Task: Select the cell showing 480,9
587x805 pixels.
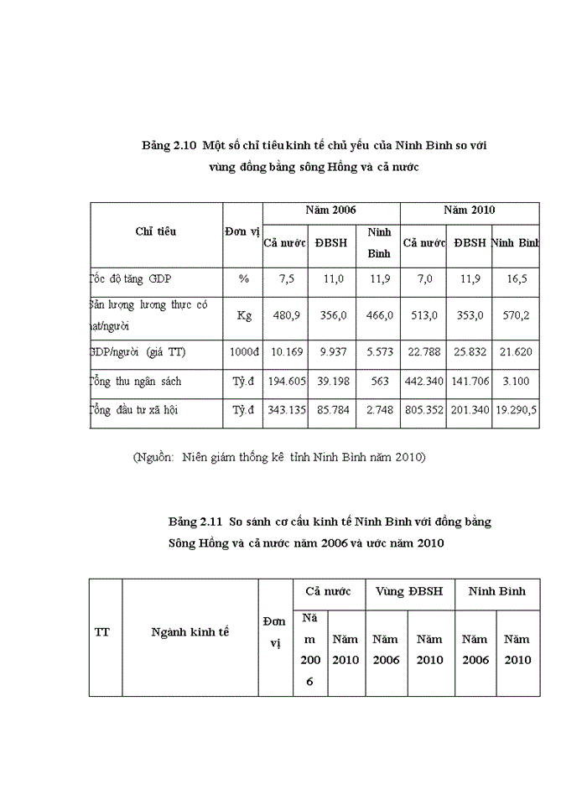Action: (x=285, y=316)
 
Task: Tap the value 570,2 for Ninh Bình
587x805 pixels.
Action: (x=517, y=316)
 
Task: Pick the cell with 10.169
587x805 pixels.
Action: (x=285, y=352)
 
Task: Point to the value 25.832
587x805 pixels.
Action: (x=470, y=352)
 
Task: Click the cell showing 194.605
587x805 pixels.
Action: (x=285, y=382)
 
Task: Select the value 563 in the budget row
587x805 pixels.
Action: (x=379, y=382)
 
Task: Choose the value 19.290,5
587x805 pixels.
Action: (x=517, y=411)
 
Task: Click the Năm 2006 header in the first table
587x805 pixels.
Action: (x=331, y=210)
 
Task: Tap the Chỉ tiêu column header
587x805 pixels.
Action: (x=156, y=231)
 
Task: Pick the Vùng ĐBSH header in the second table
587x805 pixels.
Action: (x=410, y=591)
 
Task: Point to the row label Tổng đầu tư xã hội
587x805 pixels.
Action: (x=134, y=411)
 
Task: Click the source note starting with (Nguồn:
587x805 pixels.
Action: (x=279, y=457)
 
